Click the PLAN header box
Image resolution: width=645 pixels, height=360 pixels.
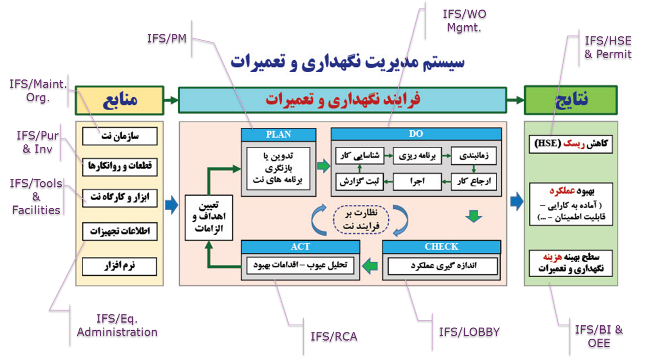point(278,135)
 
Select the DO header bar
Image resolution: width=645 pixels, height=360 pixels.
point(416,134)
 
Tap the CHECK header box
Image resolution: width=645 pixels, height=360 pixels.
point(441,247)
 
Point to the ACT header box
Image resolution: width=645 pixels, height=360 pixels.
point(300,247)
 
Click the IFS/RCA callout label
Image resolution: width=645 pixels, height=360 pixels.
point(334,336)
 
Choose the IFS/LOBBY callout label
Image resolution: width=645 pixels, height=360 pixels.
point(469,332)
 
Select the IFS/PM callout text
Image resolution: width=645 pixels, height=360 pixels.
point(167,39)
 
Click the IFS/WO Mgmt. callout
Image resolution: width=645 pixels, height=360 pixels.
point(463,21)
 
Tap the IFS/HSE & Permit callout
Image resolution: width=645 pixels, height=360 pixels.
point(608,47)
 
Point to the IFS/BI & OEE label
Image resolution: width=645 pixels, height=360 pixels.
point(599,336)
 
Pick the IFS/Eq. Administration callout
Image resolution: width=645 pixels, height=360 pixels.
point(117,325)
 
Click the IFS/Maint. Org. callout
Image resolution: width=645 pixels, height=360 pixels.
point(37,91)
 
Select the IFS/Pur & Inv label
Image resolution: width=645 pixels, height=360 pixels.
point(37,141)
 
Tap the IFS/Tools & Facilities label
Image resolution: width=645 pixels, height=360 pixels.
point(36,196)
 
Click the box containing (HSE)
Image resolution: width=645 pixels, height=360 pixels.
point(570,144)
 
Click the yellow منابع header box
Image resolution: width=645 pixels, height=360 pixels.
point(120,100)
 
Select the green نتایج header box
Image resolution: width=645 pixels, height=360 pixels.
point(570,100)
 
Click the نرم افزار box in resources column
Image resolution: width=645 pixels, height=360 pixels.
point(120,266)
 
